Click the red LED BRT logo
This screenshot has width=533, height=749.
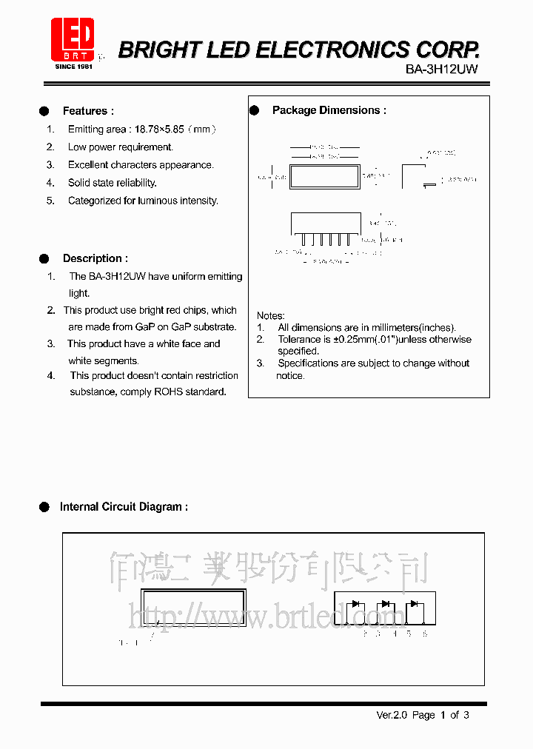[x=73, y=40]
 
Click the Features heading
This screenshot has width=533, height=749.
[x=88, y=111]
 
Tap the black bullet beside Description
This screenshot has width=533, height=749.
[x=44, y=258]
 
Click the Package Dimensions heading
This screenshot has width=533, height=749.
[x=329, y=110]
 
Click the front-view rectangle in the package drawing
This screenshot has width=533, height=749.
[x=324, y=176]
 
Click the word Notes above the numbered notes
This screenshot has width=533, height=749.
[x=271, y=316]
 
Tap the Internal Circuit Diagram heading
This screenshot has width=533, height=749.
[x=124, y=507]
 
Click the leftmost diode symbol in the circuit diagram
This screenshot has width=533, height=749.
[x=356, y=604]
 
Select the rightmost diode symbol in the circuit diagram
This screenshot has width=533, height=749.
[x=413, y=604]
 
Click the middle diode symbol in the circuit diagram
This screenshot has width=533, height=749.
[x=385, y=604]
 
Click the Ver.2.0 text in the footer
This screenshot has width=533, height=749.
[x=392, y=715]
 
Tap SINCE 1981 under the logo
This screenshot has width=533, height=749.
[x=73, y=67]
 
